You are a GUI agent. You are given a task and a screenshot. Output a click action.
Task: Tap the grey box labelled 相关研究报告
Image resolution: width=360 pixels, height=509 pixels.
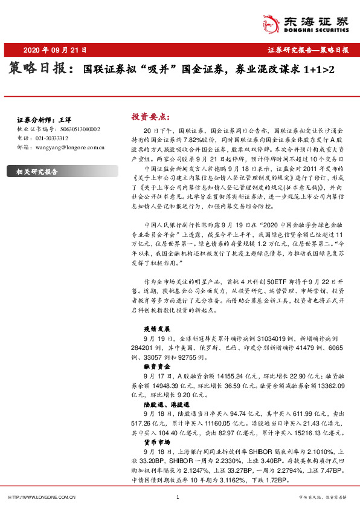pos(37,172)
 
